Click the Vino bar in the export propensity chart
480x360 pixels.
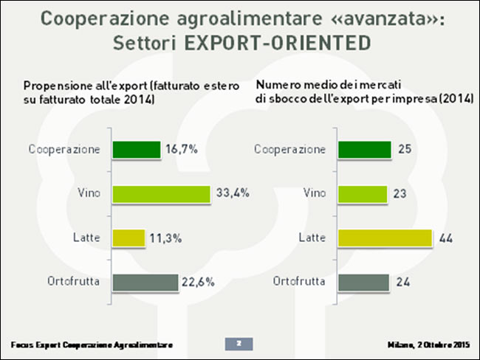[161, 194]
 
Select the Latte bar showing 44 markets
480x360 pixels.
[384, 238]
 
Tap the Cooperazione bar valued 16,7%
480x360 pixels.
[137, 150]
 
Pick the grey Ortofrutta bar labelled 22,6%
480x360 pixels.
[145, 283]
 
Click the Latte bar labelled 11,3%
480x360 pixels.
[128, 238]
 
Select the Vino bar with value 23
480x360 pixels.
[363, 194]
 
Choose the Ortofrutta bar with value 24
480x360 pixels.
[363, 283]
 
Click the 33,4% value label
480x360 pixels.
[232, 194]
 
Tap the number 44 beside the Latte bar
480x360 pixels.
[446, 238]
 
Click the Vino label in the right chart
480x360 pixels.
[315, 194]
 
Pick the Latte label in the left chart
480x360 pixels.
[86, 238]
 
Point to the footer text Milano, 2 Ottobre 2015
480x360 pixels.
[428, 345]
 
